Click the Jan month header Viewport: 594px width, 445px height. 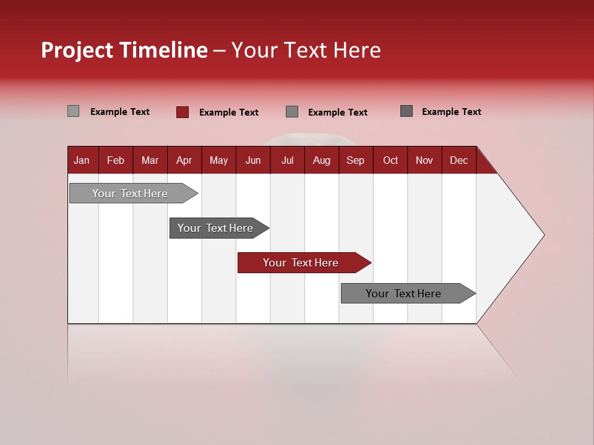point(82,160)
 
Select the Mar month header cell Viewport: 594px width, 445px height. point(150,160)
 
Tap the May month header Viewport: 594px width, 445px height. point(218,160)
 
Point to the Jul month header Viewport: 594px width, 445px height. point(287,160)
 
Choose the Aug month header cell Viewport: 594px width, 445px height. point(322,160)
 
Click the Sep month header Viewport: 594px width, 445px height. point(356,160)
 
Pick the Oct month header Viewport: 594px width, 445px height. point(390,160)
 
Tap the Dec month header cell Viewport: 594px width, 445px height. point(459,160)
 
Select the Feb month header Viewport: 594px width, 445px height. point(116,160)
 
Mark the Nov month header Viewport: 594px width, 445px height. point(424,160)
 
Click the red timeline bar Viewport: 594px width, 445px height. point(301,263)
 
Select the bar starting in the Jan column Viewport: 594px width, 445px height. point(130,193)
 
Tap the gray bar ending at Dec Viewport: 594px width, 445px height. point(403,294)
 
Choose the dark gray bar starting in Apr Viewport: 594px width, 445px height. point(215,228)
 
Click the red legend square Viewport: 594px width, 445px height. point(183,112)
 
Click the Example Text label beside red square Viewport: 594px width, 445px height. point(229,112)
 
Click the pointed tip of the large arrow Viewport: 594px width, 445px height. point(543,235)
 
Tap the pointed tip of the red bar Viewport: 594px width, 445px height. point(370,263)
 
